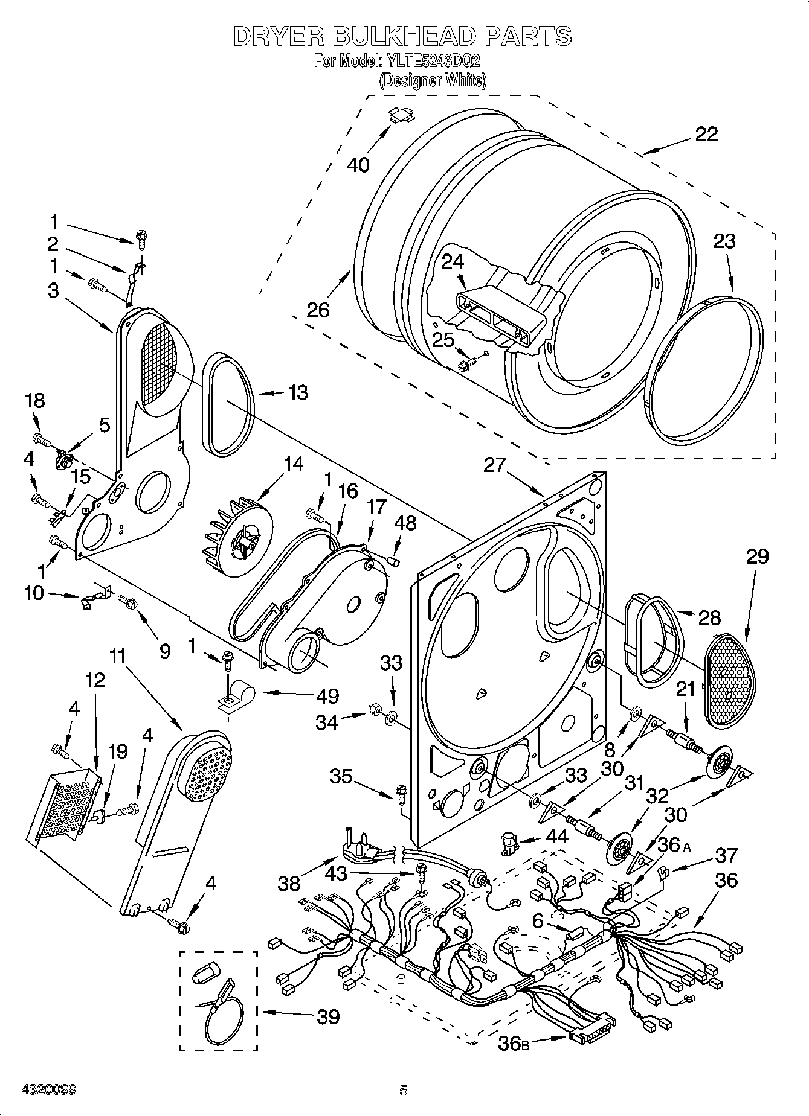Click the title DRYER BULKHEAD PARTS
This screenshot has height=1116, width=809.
point(402,36)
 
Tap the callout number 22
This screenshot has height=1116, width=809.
point(706,133)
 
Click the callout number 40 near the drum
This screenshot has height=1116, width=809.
point(359,164)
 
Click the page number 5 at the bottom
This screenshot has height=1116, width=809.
point(404,1090)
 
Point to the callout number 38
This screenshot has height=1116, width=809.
point(289,884)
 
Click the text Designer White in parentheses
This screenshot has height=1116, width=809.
point(432,80)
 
